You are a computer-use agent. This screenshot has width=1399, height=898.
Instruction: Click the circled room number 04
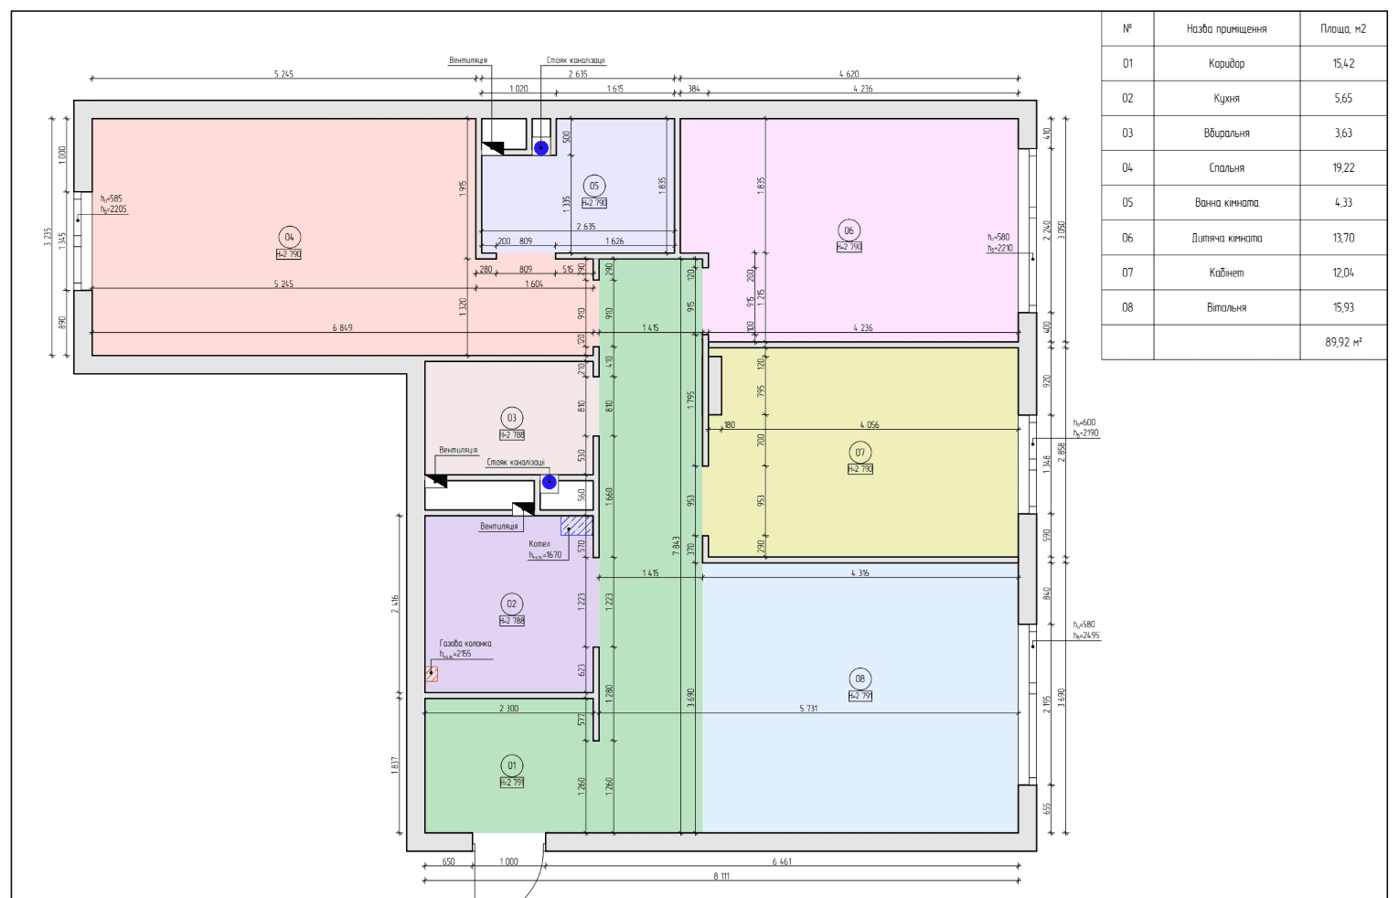coord(289,238)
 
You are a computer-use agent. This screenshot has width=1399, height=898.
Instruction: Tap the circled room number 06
coord(849,230)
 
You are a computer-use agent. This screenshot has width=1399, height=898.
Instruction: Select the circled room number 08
coord(860,679)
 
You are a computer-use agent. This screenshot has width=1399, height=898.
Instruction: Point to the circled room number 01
coord(511,765)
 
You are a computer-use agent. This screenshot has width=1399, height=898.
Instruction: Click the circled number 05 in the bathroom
coord(593,187)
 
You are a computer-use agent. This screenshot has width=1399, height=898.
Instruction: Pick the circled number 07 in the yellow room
coord(860,452)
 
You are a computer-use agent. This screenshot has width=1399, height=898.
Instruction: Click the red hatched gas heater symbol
coord(432,674)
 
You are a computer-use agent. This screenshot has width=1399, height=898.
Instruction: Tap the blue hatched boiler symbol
coord(576,525)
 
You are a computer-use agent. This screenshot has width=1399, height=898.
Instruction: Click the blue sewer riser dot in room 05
coord(541,148)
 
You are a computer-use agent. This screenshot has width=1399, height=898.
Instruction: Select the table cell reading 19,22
coord(1342,168)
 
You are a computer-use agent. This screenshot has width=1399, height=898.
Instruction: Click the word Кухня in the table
coord(1226,99)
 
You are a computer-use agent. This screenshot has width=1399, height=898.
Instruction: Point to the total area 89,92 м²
coord(1342,342)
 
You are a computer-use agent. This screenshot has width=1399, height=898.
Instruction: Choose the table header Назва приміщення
coord(1226,29)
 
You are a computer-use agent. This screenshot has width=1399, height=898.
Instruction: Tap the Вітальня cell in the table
coord(1226,307)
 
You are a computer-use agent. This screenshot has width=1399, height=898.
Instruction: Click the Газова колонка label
coord(465,644)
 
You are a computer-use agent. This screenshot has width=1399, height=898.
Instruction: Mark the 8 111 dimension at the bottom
coord(721,876)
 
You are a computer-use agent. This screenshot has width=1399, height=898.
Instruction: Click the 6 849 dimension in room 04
coord(342,327)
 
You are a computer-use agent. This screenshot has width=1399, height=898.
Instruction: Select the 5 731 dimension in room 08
coord(808,709)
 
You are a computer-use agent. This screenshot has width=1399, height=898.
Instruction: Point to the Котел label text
coord(539,544)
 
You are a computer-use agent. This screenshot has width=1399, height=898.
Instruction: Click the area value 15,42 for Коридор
coord(1342,64)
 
